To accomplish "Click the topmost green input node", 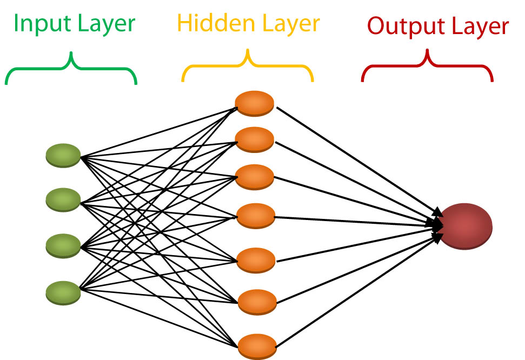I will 63,155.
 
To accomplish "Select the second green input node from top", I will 63,199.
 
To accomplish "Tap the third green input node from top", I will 63,245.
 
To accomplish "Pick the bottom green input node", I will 63,292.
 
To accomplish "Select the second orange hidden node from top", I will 255,139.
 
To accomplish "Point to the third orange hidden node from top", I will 255,177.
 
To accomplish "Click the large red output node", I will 466,225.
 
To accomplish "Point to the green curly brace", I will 71,69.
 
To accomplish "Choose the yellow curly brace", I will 248,67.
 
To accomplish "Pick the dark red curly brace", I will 427,67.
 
